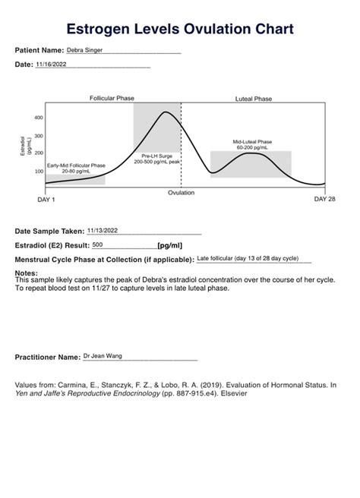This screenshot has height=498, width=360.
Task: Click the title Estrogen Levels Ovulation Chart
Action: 179,29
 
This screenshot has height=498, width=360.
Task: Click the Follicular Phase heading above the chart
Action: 112,99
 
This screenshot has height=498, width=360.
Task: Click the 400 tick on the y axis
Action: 39,118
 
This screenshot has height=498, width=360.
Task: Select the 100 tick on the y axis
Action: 39,171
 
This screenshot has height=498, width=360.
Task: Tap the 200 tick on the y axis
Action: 39,153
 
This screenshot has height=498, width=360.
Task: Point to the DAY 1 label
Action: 46,200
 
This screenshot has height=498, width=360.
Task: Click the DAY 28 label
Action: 324,200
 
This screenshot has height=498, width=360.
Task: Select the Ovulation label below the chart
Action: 181,193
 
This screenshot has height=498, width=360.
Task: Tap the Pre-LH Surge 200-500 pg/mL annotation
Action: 156,159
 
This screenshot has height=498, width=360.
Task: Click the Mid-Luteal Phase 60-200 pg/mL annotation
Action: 252,144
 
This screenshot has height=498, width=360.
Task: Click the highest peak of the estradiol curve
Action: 166,112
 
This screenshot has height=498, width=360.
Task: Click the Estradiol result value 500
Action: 98,245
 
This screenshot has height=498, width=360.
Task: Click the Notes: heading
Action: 27,273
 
